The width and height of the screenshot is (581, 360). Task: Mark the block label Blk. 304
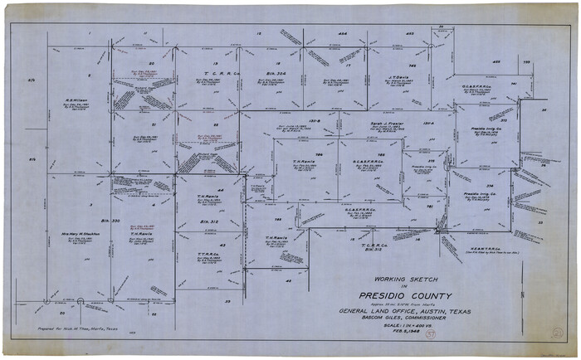pyautogui.click(x=271, y=73)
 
